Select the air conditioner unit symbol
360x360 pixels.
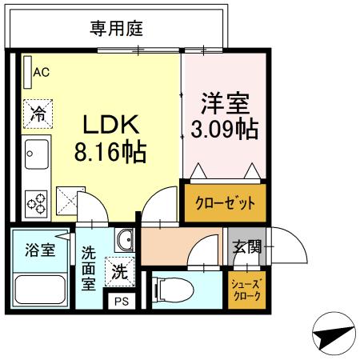(26, 70)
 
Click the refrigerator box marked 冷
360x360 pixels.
(36, 111)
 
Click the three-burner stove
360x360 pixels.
(36, 202)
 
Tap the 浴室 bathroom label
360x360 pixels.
(38, 250)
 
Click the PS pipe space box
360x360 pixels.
(121, 302)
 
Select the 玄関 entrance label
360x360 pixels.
(246, 246)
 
